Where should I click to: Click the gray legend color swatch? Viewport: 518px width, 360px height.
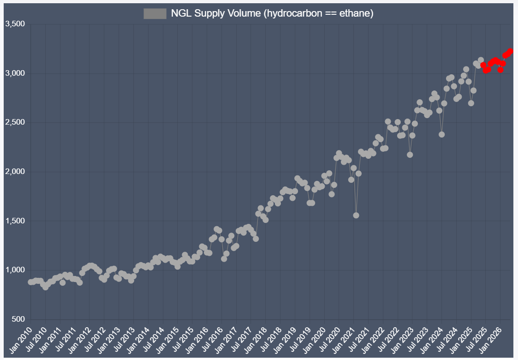155,14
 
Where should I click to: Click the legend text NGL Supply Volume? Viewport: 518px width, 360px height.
272,14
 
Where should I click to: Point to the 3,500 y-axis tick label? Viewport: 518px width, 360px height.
14,24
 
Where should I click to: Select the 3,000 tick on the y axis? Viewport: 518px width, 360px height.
14,73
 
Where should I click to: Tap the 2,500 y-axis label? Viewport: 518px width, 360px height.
14,123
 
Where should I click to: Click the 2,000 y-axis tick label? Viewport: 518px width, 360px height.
14,172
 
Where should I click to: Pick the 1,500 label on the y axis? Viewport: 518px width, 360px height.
14,221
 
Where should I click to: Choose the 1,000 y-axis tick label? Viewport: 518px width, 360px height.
14,270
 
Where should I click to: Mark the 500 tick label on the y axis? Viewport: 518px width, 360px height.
18,319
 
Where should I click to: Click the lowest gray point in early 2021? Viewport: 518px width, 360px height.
356,215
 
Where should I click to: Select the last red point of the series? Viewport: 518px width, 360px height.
510,51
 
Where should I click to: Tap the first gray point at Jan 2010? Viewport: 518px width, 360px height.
30,282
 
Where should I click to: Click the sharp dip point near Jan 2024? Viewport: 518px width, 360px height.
441,134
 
